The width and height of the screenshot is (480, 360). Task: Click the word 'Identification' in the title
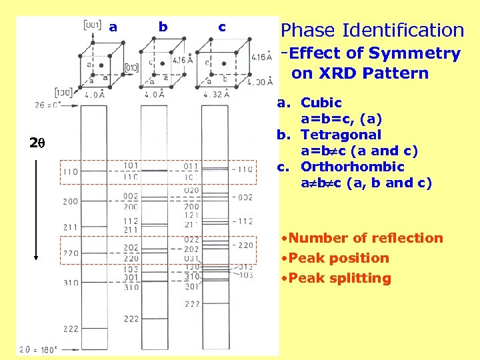point(403,30)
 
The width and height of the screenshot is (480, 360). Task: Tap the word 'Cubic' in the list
point(321,103)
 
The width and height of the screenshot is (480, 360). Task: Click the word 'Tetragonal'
point(341,135)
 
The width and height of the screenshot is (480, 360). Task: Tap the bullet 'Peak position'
point(334,258)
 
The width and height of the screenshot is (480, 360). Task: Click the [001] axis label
point(94,25)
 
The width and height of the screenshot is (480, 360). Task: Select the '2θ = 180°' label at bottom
point(39,349)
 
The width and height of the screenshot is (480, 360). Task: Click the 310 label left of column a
point(70,283)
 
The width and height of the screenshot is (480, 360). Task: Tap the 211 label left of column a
point(70,227)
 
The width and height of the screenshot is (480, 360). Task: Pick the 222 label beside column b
point(131,319)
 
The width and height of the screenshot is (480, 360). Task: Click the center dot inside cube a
point(101,65)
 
